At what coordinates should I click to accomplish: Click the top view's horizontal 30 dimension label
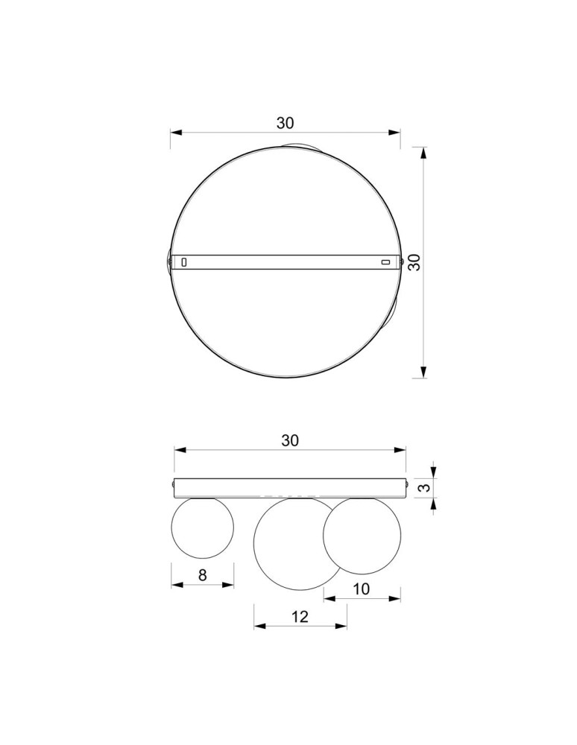pyautogui.click(x=286, y=122)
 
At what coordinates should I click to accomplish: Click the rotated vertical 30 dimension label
pyautogui.click(x=415, y=261)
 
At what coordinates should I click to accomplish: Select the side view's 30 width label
pyautogui.click(x=290, y=440)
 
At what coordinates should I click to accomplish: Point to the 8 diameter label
pyautogui.click(x=202, y=574)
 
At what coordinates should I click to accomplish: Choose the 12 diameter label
pyautogui.click(x=300, y=616)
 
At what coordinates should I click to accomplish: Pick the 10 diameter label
pyautogui.click(x=361, y=589)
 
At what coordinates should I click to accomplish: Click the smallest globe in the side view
pyautogui.click(x=202, y=527)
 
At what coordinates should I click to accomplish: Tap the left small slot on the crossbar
pyautogui.click(x=184, y=261)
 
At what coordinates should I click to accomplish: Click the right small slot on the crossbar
pyautogui.click(x=385, y=261)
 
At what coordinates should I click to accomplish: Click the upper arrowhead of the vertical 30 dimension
pyautogui.click(x=423, y=153)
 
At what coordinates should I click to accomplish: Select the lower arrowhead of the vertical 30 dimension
pyautogui.click(x=423, y=372)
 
